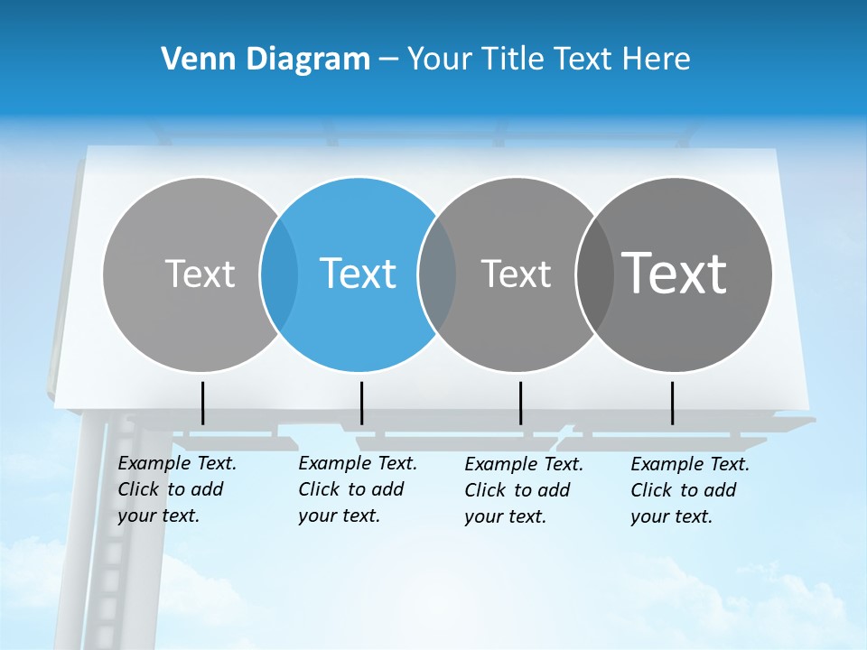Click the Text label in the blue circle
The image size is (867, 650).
[359, 274]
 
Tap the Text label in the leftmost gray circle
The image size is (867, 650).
[200, 274]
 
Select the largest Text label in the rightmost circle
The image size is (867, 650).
[675, 274]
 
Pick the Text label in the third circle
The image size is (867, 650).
[516, 274]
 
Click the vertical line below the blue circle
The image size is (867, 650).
[361, 403]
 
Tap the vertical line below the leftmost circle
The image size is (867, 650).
[203, 403]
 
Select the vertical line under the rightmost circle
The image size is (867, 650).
[673, 403]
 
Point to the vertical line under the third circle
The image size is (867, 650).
[521, 403]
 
